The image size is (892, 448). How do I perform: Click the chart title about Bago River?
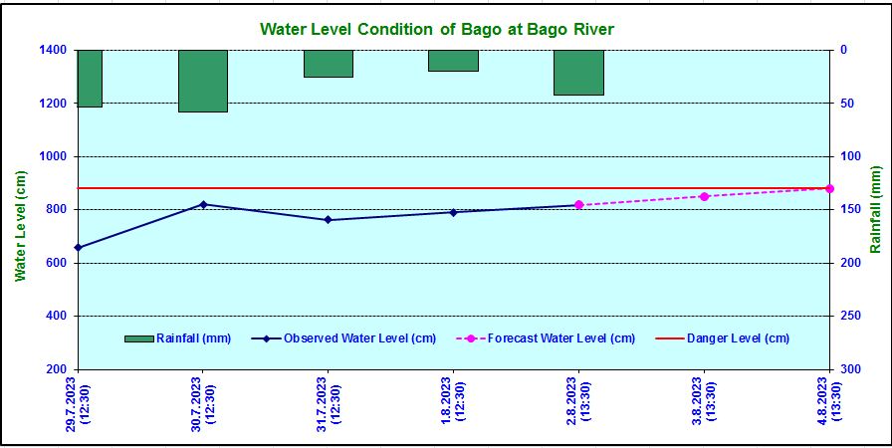[x=437, y=29]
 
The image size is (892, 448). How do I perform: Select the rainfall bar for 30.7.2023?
[x=203, y=81]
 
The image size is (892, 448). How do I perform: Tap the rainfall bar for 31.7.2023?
[x=329, y=64]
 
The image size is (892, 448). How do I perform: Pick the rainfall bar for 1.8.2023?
[x=453, y=61]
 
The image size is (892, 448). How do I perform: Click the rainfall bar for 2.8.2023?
[x=578, y=73]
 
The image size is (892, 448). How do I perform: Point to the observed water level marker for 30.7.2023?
[x=203, y=204]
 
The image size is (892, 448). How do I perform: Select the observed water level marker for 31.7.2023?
[x=329, y=220]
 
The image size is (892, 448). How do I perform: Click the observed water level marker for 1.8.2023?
[x=453, y=212]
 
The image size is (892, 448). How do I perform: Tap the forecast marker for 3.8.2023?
[x=704, y=196]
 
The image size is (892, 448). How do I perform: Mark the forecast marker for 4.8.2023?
[x=829, y=188]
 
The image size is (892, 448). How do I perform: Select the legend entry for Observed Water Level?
[x=344, y=338]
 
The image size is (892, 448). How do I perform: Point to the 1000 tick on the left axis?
[x=51, y=156]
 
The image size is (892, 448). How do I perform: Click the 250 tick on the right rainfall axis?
[x=848, y=316]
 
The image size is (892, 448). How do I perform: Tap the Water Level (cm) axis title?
[x=20, y=225]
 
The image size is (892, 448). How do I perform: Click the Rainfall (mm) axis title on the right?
[x=877, y=210]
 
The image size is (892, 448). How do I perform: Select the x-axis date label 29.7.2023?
[x=78, y=403]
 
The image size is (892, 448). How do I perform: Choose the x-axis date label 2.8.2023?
[x=578, y=403]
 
